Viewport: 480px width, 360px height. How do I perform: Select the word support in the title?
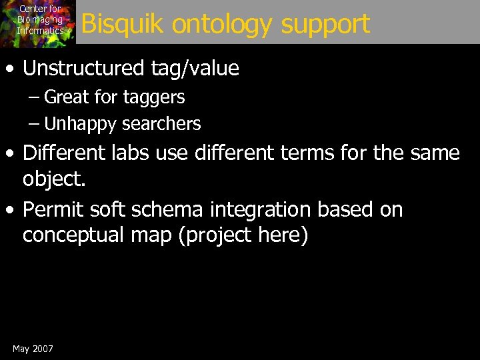tap(325, 25)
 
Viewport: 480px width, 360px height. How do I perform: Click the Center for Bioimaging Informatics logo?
tap(38, 23)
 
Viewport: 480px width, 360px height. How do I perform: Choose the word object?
tap(50, 178)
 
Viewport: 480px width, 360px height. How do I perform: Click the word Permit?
tap(55, 209)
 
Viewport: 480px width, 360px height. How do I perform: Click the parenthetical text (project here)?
tap(243, 235)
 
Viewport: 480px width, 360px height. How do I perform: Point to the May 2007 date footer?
tap(33, 349)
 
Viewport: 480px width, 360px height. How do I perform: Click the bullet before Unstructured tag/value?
tap(11, 69)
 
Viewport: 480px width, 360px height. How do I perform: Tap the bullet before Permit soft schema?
tap(11, 210)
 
